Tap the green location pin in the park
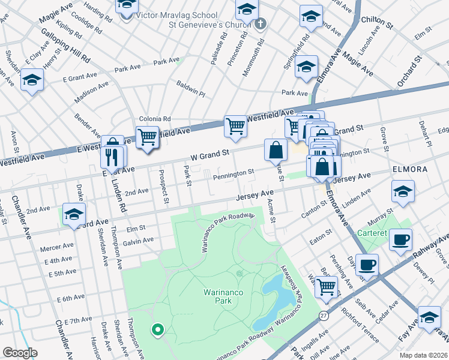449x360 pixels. [157, 329]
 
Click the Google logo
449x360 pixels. [20, 353]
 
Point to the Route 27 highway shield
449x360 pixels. [324, 314]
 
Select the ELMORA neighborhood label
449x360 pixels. [410, 170]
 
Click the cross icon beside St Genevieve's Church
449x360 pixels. [260, 25]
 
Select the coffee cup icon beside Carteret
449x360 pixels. [400, 239]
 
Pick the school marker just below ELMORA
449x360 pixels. [402, 193]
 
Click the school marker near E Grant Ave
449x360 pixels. [32, 80]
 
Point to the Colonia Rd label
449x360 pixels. [155, 119]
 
